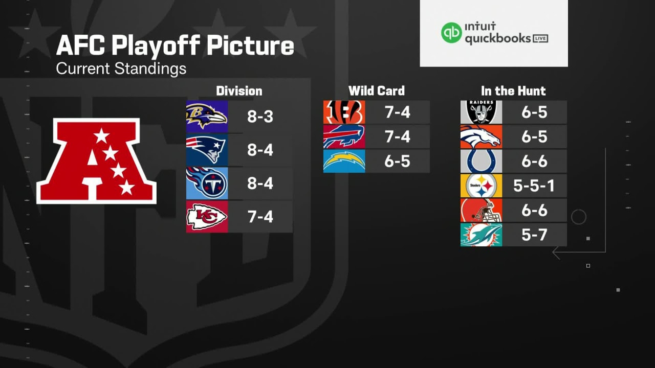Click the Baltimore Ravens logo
pos(207,116)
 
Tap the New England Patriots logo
pos(207,150)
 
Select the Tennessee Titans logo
pos(207,183)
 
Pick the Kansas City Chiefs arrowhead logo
pos(207,217)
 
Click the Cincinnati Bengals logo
pos(344,112)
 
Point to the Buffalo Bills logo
pos(344,136)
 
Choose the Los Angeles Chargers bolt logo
pos(344,161)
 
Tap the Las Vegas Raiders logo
pos(481,112)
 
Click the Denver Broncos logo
pos(481,136)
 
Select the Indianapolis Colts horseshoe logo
pos(481,161)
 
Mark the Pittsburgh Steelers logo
pos(481,186)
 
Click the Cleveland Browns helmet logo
pos(481,210)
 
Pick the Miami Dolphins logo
pos(481,235)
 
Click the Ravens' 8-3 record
pos(260,117)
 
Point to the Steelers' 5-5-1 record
pos(534,186)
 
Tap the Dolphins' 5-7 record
pos(534,235)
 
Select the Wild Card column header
pos(376,91)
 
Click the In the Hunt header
pos(513,91)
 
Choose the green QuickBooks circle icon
pos(451,33)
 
